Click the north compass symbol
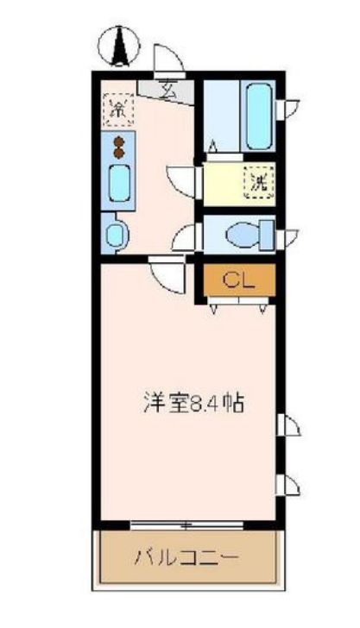tap(119, 46)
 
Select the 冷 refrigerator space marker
tap(118, 110)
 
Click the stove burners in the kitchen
tap(118, 147)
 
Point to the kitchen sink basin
tap(119, 183)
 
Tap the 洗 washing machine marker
tap(259, 183)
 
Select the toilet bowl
tap(242, 235)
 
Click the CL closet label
tap(238, 280)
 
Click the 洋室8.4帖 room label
tap(194, 404)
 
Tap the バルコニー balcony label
tap(187, 557)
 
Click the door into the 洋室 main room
tap(168, 274)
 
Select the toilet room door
tap(186, 237)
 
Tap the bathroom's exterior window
tap(287, 109)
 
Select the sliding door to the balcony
tap(186, 525)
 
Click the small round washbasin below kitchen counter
tap(117, 235)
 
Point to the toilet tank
tap(267, 235)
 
